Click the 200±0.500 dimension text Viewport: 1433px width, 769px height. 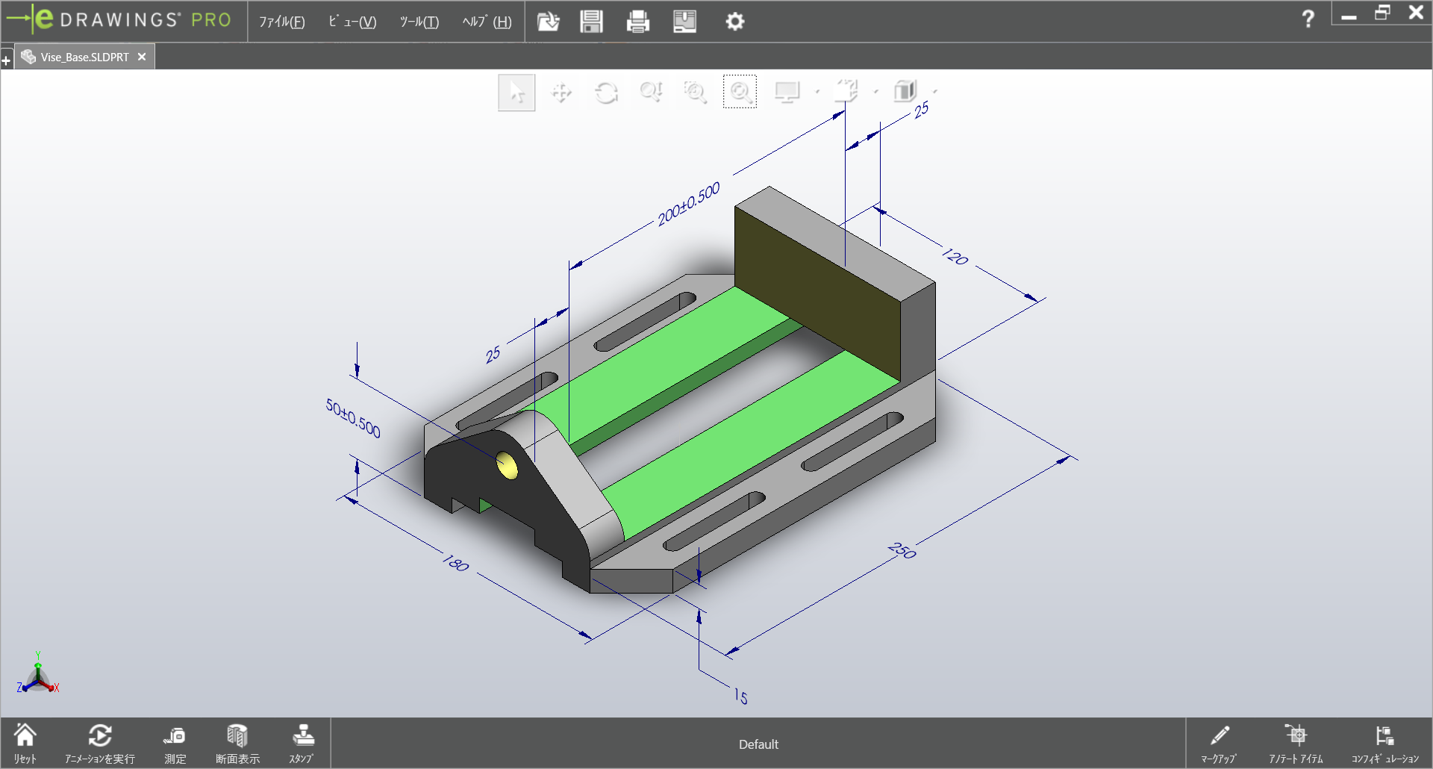pos(688,204)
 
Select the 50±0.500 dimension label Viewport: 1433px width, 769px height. pos(353,418)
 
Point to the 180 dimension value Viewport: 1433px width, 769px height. pos(455,563)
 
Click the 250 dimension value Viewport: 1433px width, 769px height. pos(902,551)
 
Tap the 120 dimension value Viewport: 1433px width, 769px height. pos(955,256)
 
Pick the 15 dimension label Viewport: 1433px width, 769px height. pos(740,696)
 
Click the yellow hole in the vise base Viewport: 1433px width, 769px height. pos(507,465)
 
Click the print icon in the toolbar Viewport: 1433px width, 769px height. pos(637,22)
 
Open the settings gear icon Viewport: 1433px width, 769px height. pos(734,22)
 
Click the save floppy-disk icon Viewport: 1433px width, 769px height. pos(591,22)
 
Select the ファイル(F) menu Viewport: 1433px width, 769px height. pos(281,22)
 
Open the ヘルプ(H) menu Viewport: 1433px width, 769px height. pos(487,22)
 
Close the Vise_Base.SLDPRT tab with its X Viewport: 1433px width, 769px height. pos(142,57)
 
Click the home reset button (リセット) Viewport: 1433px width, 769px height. pos(25,743)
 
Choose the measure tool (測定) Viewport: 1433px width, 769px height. pos(175,743)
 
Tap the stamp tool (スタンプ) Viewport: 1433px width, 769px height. pos(302,743)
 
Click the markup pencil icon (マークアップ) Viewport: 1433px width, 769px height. pos(1219,743)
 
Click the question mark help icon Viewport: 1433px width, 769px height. pos(1308,19)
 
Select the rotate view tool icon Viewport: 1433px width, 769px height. pos(606,93)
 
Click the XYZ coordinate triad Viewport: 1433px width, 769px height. pos(37,676)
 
